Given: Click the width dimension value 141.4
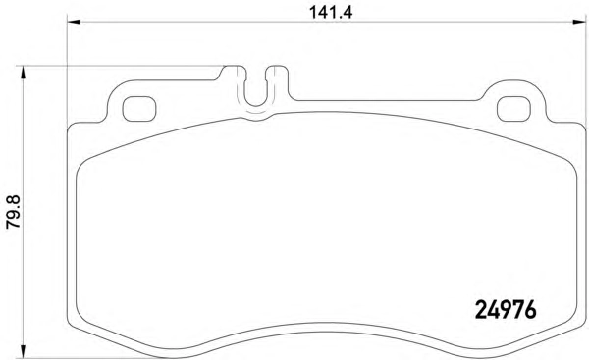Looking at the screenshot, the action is coord(331,13).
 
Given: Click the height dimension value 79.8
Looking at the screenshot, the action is coord(14,212).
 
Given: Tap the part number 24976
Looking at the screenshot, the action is coord(506,310).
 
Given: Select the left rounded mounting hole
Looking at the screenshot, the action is coord(139,109).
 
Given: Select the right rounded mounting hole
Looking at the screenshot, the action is coord(513,109).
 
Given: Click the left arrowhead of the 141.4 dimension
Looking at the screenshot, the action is coord(74,23).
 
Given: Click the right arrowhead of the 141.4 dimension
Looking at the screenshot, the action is coord(579,23).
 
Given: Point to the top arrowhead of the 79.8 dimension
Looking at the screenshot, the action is coord(24,73).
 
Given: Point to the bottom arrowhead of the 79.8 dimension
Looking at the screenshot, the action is coord(24,351).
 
